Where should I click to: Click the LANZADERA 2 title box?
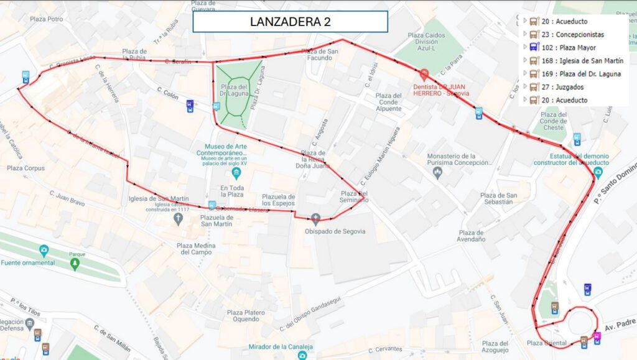tap(290, 22)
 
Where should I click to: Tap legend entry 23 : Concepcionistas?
tap(572, 35)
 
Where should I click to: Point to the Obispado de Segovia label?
tap(335, 231)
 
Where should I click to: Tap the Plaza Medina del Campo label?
tap(197, 249)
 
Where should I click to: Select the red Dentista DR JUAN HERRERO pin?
tap(425, 73)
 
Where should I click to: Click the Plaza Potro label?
tap(47, 19)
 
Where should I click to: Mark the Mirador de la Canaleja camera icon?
tap(302, 355)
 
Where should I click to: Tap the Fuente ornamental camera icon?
tap(44, 251)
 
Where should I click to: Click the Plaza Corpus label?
tap(26, 168)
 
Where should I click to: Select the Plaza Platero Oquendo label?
tap(243, 316)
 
